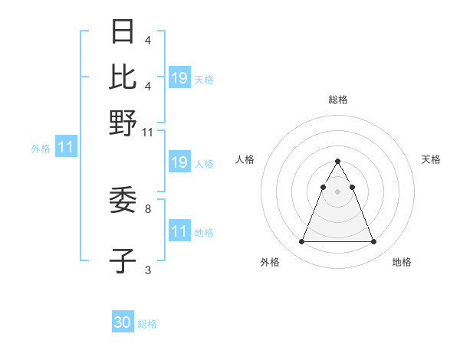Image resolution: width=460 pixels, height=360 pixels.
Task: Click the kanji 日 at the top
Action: (123, 32)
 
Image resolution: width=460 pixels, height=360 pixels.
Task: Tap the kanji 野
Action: (123, 123)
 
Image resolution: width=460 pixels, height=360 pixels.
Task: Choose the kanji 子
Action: (123, 260)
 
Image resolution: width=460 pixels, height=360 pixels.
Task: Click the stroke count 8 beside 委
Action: (148, 208)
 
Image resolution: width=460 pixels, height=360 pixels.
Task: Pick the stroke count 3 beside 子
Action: (148, 269)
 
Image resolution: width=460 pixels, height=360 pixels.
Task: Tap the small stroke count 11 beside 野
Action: (149, 133)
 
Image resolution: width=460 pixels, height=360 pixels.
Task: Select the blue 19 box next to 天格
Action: (179, 77)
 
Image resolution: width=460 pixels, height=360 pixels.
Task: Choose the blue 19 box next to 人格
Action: (179, 162)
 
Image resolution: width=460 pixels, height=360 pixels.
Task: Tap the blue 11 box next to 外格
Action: (66, 147)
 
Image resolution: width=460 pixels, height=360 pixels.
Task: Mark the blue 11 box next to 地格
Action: (179, 231)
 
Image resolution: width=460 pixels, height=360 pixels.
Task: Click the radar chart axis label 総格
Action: (338, 100)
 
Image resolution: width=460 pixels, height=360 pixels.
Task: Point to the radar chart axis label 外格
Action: (270, 262)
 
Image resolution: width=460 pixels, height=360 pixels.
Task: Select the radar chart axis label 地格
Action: (402, 262)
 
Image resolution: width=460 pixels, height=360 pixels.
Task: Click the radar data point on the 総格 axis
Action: (338, 161)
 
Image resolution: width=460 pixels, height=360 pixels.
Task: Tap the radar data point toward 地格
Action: (374, 242)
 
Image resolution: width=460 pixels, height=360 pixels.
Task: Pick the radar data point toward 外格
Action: (301, 242)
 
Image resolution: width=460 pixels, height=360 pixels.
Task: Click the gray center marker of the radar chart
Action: (338, 191)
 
